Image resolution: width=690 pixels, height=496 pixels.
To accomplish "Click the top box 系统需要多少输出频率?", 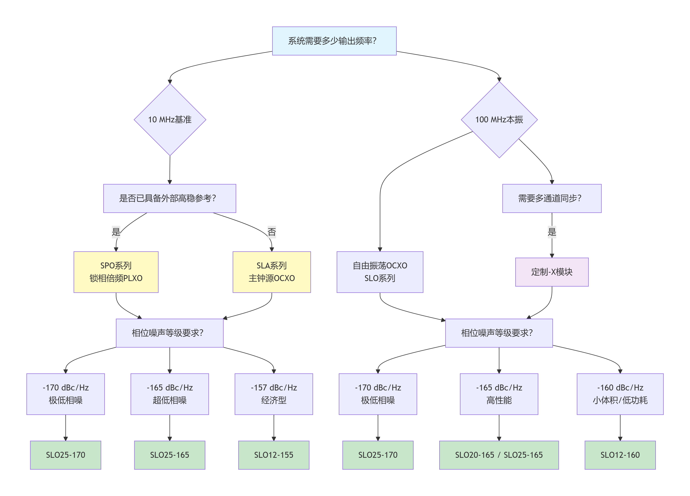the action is (334, 41).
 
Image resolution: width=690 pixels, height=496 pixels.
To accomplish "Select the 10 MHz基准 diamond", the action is (170, 120).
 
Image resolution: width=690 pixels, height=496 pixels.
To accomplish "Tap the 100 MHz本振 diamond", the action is (499, 120).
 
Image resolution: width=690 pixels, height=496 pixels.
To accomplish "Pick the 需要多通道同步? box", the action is (552, 198).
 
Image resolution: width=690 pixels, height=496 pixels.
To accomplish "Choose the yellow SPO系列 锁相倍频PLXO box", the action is (116, 272).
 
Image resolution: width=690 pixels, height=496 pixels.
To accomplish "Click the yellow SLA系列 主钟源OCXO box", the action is (272, 272).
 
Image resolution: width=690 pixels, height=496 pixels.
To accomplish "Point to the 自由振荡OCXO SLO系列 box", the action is (380, 272).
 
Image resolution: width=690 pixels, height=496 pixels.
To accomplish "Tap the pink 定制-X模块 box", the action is (552, 272).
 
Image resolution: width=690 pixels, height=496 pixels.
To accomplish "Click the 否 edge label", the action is (272, 232).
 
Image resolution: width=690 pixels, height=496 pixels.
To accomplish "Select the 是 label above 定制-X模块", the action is (552, 232).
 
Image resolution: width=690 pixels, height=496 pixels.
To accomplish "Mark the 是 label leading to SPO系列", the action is (116, 232).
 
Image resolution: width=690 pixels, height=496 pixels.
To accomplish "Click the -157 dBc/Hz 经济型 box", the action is (274, 394).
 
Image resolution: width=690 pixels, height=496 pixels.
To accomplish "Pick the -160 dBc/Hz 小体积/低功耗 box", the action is (620, 394).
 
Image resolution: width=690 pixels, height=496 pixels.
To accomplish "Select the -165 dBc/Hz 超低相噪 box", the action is (170, 394).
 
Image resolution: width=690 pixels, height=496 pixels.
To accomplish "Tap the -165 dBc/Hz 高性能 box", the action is (499, 394).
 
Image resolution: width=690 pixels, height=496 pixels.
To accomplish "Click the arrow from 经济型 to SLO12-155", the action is (274, 428).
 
